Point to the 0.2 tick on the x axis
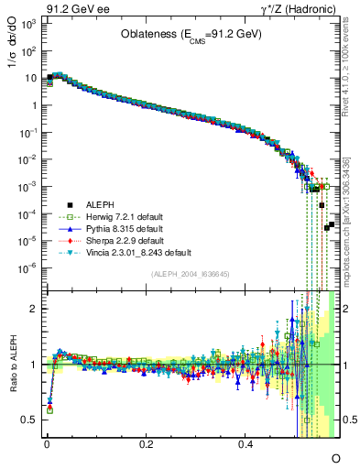(x=146, y=444)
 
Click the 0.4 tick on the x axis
(x=245, y=444)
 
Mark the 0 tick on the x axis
(x=47, y=444)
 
